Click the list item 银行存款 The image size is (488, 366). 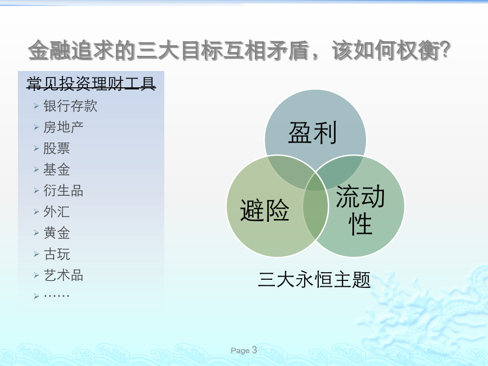[70, 106]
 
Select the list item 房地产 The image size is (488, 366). [63, 127]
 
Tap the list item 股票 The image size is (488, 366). [56, 148]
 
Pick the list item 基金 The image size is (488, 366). [56, 169]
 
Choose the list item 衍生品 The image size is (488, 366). [63, 190]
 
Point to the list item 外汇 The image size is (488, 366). [56, 211]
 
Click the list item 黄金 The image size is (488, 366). [56, 233]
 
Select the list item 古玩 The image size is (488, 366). [56, 254]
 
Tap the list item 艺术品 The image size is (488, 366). [63, 275]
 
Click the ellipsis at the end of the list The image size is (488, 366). [56, 296]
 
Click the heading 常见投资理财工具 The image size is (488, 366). [91, 84]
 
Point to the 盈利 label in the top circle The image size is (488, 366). [312, 133]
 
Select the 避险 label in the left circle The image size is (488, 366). [265, 210]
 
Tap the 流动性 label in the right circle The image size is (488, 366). [361, 209]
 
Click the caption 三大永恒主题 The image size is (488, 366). [314, 279]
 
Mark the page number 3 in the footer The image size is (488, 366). [254, 350]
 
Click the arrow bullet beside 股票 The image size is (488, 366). [36, 149]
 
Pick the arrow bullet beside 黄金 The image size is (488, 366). [36, 233]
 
